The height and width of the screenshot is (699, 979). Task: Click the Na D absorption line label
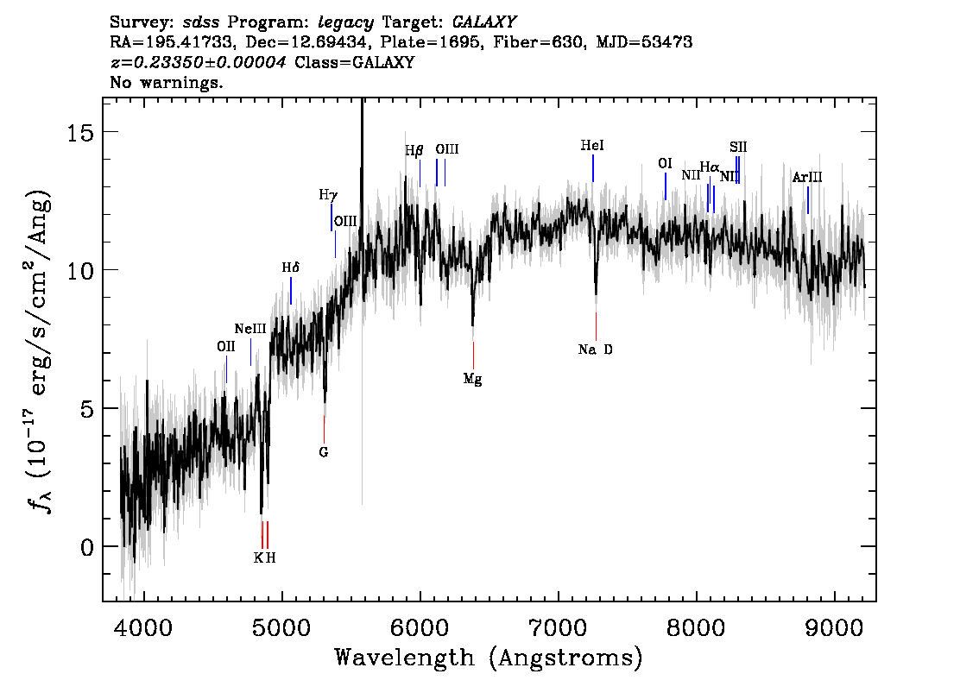click(x=595, y=349)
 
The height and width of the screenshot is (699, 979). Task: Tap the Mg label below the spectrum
click(x=472, y=379)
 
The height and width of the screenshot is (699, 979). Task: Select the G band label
click(x=324, y=452)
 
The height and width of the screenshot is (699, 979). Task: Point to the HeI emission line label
click(x=592, y=146)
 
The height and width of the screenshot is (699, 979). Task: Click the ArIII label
click(x=807, y=177)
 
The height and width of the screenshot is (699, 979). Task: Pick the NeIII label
click(x=250, y=329)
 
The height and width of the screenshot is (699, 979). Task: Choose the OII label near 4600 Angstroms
click(x=226, y=346)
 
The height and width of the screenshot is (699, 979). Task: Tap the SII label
click(x=738, y=148)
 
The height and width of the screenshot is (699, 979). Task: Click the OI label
click(x=665, y=163)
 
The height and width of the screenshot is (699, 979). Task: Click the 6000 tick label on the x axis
click(x=420, y=627)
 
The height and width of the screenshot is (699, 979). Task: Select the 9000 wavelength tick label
click(x=834, y=627)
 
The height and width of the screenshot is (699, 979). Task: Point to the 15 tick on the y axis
click(x=79, y=132)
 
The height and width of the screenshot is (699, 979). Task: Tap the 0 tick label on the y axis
click(x=86, y=547)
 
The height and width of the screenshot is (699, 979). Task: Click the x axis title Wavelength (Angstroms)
click(x=489, y=658)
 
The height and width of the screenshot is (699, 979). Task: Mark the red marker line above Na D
click(x=597, y=326)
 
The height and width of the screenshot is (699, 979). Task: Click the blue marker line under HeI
click(x=592, y=168)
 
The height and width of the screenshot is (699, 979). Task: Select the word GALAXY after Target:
click(x=483, y=22)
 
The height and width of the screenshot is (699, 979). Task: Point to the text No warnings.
click(x=166, y=82)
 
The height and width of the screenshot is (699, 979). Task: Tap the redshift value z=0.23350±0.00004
click(x=198, y=62)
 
